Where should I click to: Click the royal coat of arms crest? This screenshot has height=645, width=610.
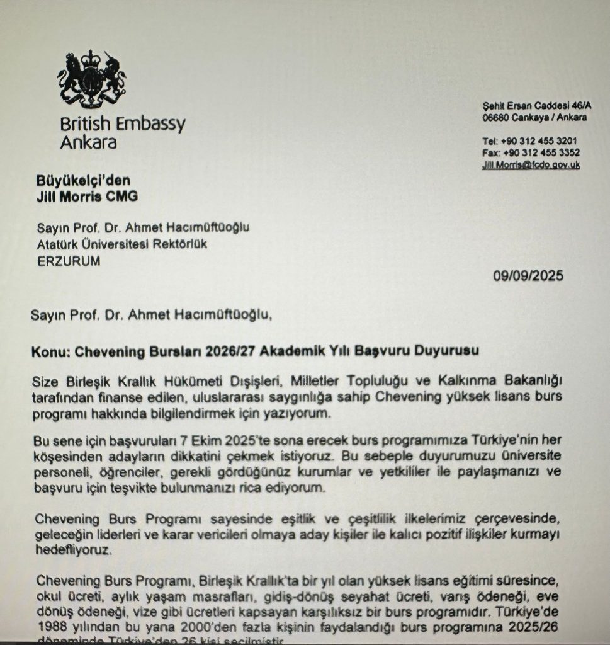click(93, 79)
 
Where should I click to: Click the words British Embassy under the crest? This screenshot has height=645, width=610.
click(123, 123)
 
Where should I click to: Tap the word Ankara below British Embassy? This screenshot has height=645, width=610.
click(88, 142)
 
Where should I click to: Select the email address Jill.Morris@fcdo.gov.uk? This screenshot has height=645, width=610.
click(531, 165)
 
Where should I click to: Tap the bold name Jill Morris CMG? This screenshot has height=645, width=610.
click(86, 197)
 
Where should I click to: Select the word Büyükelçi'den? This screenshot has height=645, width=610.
click(83, 181)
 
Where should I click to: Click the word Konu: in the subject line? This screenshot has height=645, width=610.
click(50, 351)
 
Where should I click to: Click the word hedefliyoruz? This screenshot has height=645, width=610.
click(72, 550)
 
